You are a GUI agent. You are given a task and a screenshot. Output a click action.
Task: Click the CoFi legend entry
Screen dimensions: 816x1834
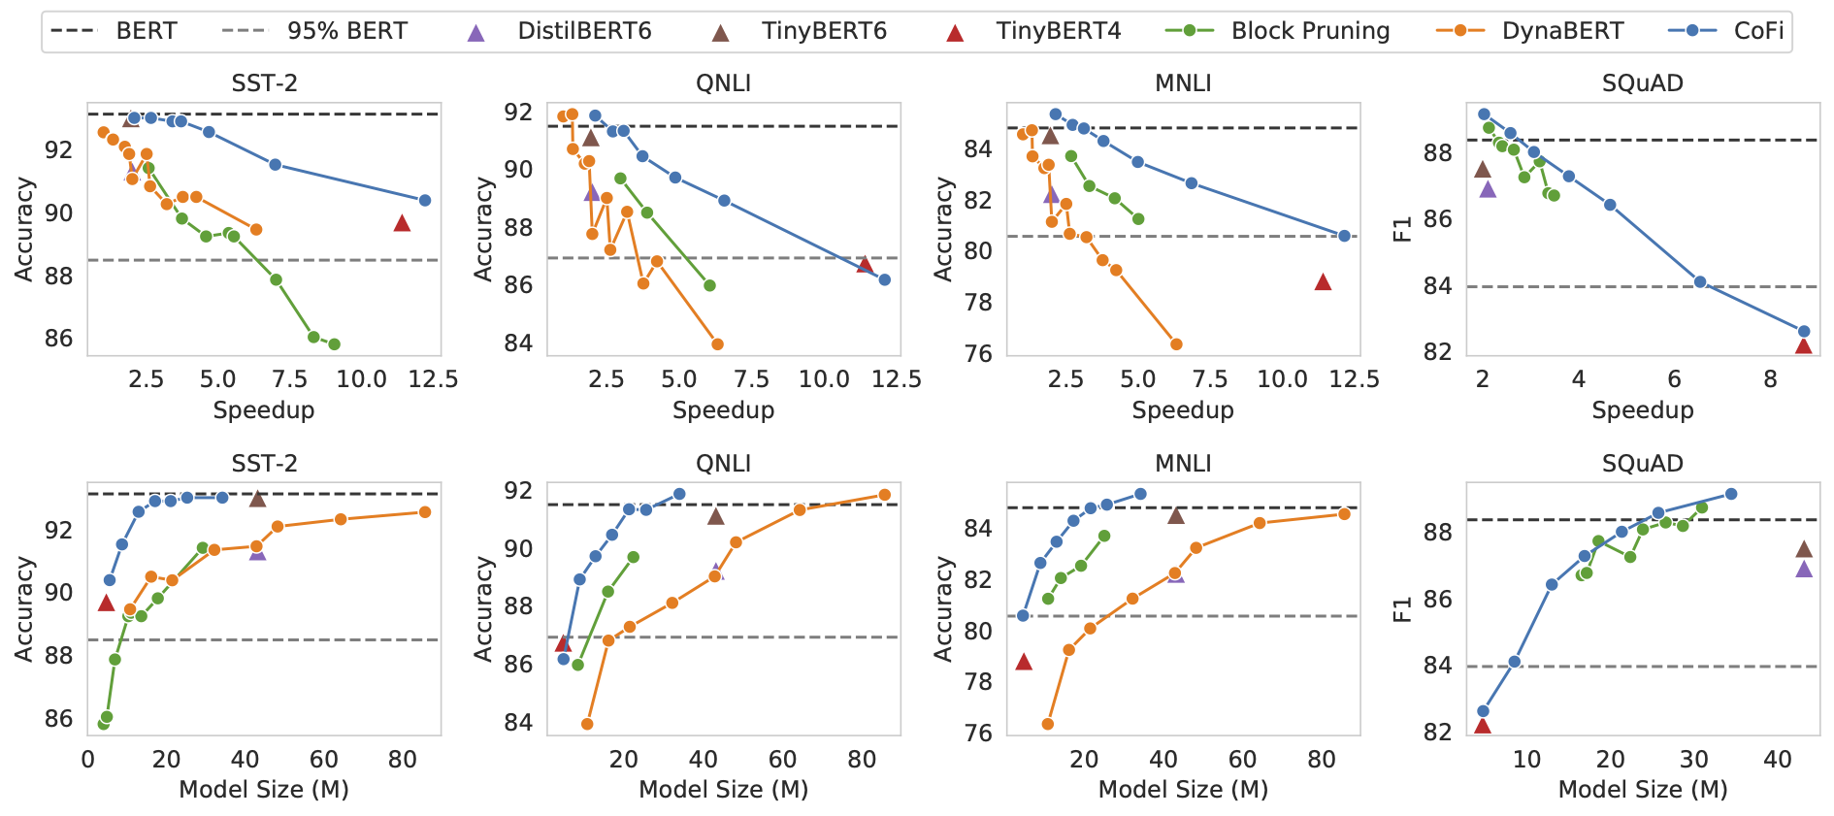1757,31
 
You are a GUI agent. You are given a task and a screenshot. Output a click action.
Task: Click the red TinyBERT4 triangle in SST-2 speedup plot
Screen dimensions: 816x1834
402,223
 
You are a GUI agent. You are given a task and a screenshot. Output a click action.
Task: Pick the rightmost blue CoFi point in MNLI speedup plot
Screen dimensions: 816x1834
1344,236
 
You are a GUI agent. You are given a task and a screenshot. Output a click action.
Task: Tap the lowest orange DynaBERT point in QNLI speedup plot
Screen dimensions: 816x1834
717,344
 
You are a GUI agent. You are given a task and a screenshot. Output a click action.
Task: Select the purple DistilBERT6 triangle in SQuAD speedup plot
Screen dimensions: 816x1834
1488,189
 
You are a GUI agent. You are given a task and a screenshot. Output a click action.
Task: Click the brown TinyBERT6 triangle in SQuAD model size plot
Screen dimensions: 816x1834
1804,549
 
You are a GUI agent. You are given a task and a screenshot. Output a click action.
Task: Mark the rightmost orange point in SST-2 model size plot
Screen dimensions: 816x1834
425,512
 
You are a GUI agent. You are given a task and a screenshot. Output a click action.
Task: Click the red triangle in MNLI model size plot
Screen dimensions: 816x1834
1024,662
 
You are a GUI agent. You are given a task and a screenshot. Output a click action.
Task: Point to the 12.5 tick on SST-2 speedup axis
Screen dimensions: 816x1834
433,379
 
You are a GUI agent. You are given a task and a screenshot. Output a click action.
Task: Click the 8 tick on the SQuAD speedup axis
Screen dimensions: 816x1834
1771,379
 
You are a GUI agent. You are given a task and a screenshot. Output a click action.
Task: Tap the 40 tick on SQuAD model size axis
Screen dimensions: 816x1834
1778,760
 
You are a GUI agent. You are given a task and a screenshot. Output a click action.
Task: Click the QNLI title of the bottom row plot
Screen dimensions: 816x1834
723,463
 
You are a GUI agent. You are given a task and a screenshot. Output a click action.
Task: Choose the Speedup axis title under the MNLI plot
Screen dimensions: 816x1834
1182,410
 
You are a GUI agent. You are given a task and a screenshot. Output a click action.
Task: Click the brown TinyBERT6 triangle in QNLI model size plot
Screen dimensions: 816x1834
716,516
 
